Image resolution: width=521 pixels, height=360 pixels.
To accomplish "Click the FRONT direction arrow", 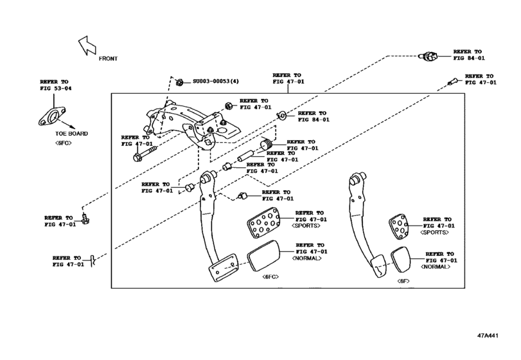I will [86, 46].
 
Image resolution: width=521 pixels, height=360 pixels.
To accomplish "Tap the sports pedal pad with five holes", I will [399, 227].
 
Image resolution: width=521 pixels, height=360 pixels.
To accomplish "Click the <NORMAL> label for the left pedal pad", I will [308, 258].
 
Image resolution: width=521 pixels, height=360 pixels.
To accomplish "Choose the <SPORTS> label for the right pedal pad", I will [435, 232].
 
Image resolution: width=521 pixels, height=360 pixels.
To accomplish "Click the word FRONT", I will [108, 58].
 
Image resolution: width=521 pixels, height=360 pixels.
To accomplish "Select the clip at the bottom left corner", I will [94, 260].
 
